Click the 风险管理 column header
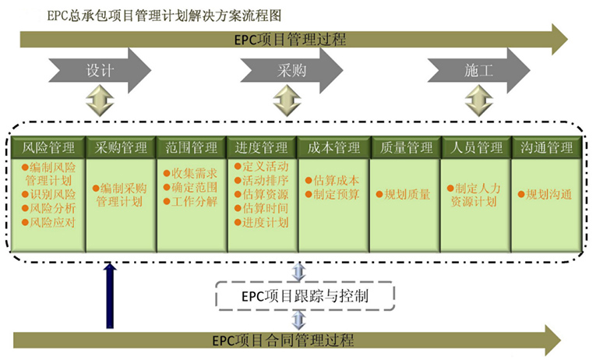pos(48,147)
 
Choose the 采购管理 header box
pos(121,147)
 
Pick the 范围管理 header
pos(192,147)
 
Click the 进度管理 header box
pos(262,147)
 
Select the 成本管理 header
pos(333,147)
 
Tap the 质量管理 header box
pos(406,147)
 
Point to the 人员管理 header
pos(477,147)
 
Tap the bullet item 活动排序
pos(265,181)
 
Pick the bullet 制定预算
pos(336,195)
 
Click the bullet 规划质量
pos(406,195)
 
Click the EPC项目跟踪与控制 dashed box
pos(305,295)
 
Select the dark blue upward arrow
pos(111,296)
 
